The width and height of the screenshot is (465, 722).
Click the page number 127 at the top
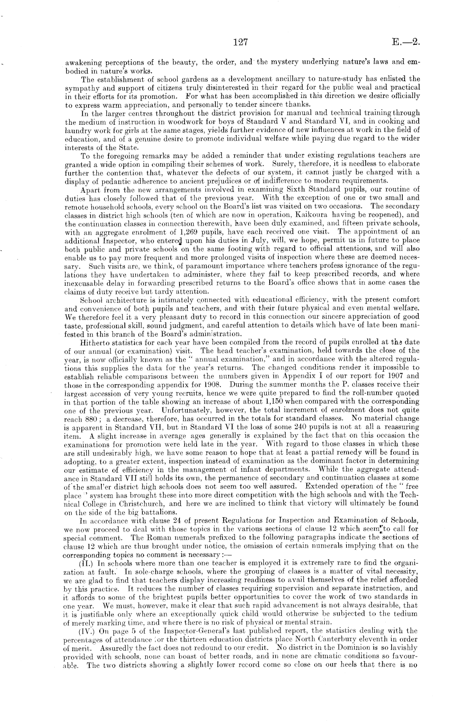(241, 42)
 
